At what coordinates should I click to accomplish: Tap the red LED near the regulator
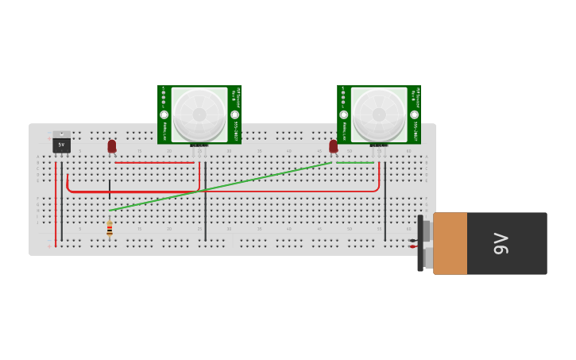click(112, 146)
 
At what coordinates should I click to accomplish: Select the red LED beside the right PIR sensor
click(334, 146)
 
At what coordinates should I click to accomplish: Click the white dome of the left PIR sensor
click(199, 114)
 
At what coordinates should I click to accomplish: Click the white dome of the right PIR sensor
click(379, 114)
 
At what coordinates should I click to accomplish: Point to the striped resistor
click(110, 230)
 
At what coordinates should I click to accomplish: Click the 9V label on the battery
click(501, 243)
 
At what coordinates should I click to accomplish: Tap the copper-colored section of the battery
click(450, 243)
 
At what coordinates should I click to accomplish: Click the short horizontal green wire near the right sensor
click(354, 163)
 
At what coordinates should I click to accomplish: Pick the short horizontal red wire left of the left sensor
click(155, 163)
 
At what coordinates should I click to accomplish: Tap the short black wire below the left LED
click(110, 189)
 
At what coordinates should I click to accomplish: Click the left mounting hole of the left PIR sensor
click(164, 114)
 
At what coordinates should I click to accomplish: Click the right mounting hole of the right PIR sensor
click(414, 114)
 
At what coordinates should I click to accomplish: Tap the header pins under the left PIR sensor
click(199, 145)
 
